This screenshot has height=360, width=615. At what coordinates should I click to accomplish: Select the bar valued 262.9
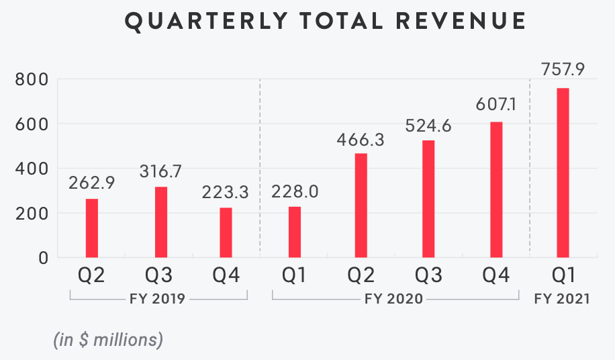(x=92, y=228)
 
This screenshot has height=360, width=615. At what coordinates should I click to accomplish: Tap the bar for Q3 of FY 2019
(x=160, y=222)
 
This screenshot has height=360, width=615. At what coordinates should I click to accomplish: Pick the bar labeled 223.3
(x=226, y=232)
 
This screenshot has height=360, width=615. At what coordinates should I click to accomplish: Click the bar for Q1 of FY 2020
(x=294, y=232)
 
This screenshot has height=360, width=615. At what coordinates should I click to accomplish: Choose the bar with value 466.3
(x=361, y=205)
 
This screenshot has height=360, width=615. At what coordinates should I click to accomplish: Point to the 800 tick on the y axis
(x=32, y=80)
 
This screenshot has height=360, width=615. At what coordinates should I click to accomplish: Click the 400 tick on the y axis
(x=32, y=169)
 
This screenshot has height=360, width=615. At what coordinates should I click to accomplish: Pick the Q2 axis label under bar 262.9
(x=92, y=275)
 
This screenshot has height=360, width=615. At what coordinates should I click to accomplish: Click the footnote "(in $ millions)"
(x=108, y=339)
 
